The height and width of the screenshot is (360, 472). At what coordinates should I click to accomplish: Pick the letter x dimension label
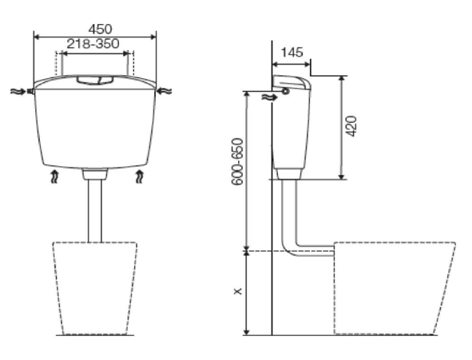(237, 291)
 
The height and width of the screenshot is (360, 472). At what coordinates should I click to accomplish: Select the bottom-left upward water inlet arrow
(54, 175)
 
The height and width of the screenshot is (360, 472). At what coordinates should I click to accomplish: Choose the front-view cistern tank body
(95, 128)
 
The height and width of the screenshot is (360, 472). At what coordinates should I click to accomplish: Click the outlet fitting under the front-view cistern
(95, 173)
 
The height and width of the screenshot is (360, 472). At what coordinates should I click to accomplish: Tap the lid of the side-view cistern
(291, 81)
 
